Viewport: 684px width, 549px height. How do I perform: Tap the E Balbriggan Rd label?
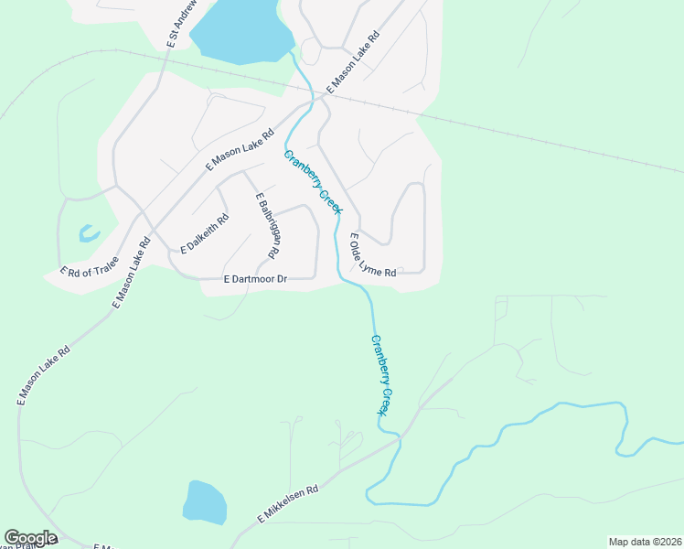coord(267,225)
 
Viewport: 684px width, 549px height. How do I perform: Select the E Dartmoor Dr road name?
coord(256,279)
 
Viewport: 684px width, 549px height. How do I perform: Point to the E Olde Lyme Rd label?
coord(372,255)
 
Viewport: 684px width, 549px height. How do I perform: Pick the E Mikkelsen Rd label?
coord(287,504)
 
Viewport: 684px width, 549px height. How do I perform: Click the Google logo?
coord(30,538)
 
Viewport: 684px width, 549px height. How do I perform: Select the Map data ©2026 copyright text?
coord(645,542)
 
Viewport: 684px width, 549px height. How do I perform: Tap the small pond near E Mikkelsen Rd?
coord(205,501)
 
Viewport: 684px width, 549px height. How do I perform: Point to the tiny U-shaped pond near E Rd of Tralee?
coord(89,234)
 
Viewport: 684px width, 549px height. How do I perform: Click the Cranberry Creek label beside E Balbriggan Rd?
coord(313,181)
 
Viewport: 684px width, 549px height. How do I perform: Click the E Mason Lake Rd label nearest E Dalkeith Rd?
coord(240,150)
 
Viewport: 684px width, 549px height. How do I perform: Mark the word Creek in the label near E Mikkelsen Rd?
coord(390,400)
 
